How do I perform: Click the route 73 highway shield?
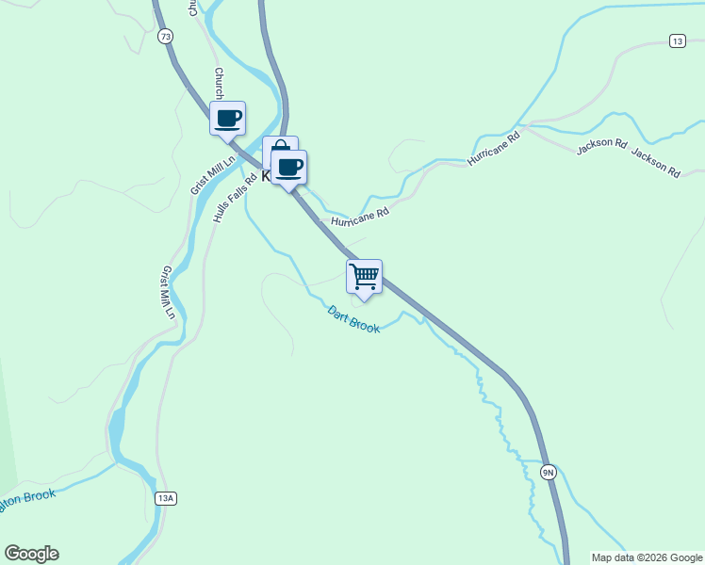[166, 37]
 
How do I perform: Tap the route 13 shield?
[677, 40]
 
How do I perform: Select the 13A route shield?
[166, 498]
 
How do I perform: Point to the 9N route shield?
[548, 471]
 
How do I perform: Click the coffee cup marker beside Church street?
[227, 118]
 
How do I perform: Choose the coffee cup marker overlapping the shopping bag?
[289, 168]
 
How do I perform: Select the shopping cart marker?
[364, 277]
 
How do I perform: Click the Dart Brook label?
[353, 319]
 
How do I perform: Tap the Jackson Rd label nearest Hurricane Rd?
[601, 146]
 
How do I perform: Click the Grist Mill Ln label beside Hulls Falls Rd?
[203, 172]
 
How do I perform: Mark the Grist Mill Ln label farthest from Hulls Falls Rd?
[168, 292]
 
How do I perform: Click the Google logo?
[30, 554]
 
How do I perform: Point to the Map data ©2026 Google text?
[648, 557]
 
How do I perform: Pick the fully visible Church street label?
[219, 83]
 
